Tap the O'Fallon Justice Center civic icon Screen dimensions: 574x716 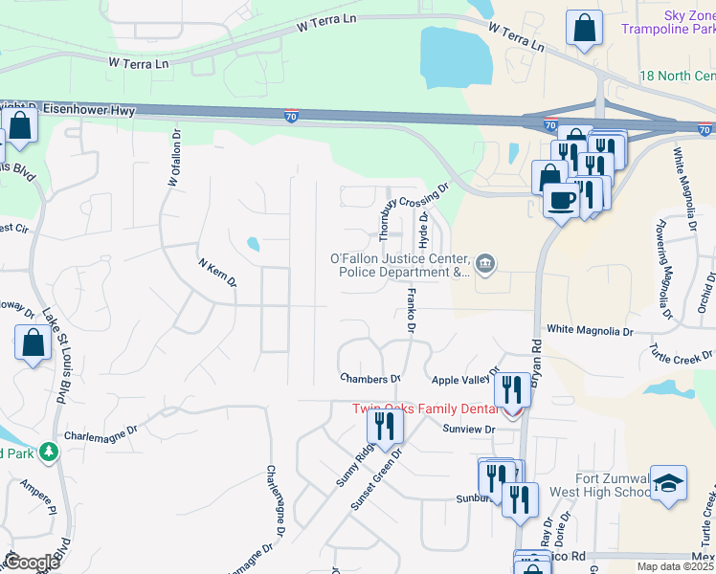coord(485,263)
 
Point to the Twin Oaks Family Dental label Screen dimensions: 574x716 coord(427,409)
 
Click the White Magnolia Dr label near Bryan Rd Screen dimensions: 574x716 coord(590,331)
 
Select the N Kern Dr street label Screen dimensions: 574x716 coord(216,273)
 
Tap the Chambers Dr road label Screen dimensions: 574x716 coord(369,379)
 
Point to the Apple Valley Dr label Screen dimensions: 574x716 coord(466,378)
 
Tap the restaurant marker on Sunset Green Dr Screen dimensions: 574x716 coord(385,427)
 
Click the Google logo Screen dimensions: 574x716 coord(31,563)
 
